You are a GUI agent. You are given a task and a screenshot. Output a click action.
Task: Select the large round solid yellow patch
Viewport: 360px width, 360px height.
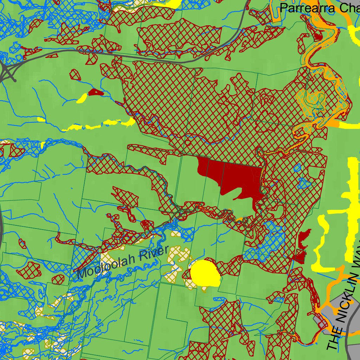point(205,274)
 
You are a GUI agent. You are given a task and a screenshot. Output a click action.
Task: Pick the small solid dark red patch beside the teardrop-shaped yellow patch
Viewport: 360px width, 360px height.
point(95,92)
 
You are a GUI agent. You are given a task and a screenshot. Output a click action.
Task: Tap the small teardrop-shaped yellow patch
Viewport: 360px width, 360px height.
point(82,98)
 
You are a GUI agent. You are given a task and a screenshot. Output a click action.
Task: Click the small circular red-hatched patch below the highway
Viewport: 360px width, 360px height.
point(75,75)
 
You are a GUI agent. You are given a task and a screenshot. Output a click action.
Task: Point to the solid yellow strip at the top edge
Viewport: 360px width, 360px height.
point(172,4)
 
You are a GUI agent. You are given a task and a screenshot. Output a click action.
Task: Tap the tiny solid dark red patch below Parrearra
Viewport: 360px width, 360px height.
point(319,36)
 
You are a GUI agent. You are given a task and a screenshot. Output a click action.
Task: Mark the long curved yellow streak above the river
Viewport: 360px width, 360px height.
point(100,125)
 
